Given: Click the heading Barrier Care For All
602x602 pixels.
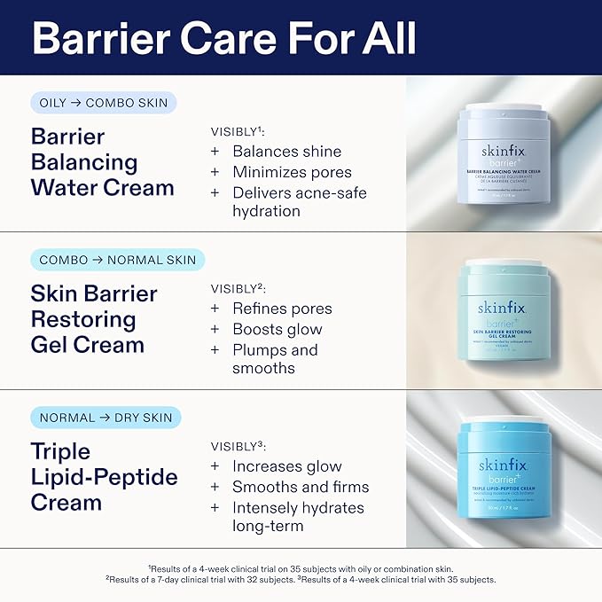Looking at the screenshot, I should pos(224,38).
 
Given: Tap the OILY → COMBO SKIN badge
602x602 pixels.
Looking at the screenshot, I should pos(104,103).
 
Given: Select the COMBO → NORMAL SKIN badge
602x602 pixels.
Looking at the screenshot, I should pos(117,260).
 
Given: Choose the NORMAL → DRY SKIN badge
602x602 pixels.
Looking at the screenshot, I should pos(106,417).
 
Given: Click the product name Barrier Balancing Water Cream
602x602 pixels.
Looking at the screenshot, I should pos(102,162).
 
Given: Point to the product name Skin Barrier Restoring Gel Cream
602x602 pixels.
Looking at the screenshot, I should pos(94,319).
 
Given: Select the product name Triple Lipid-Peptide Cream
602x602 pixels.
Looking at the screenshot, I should pos(104,476).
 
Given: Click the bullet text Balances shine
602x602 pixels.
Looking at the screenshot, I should pos(286,152).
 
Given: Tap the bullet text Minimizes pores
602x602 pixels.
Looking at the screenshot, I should pos(292,172).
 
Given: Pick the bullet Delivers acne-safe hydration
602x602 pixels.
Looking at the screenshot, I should pos(299,202).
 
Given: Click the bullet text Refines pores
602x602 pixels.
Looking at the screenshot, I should pos(282,309).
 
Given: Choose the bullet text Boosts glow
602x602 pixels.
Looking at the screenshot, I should pos(277,329).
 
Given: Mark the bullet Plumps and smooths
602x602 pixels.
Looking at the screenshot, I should pos(275,359).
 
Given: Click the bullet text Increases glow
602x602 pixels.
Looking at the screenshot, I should pos(286,465).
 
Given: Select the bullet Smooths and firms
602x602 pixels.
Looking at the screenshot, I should pos(301,486).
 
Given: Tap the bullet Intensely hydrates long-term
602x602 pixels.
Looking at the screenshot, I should pos(298,516).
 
